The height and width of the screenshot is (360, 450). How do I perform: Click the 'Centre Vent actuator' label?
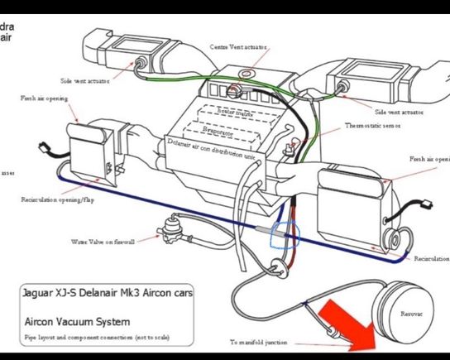pos(238,47)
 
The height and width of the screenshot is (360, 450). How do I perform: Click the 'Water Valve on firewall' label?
pos(103,242)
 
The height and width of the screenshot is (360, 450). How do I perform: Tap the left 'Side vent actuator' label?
pos(85,80)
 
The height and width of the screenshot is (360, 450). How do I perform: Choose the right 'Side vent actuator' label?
pos(399,111)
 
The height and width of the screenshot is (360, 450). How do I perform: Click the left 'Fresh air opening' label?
pos(44,98)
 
